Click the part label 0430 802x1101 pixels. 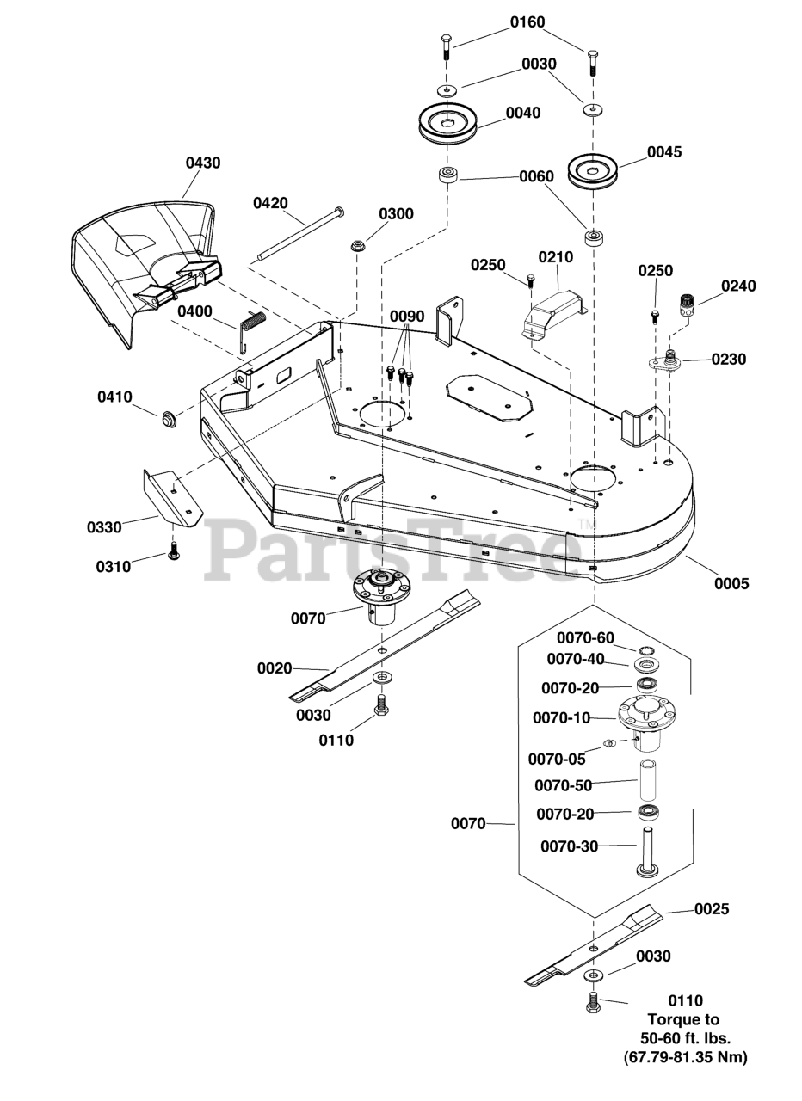[x=202, y=163]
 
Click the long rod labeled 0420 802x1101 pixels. [x=301, y=235]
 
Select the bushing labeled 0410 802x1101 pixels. [x=169, y=419]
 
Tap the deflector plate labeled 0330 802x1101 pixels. [x=173, y=497]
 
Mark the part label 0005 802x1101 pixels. [x=731, y=583]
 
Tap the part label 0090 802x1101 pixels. [x=407, y=317]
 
